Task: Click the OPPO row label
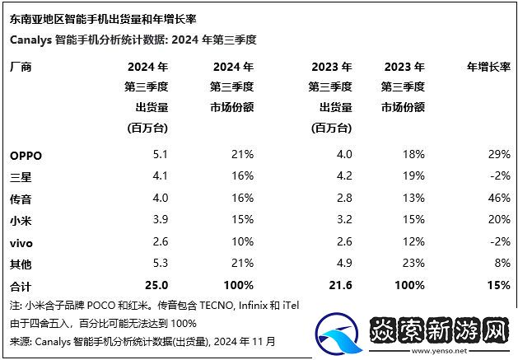click(x=26, y=154)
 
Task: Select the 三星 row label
click(x=20, y=175)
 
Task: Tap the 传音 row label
click(x=20, y=198)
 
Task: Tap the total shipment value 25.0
click(x=156, y=284)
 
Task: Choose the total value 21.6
click(x=340, y=284)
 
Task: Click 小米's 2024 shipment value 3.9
click(x=161, y=219)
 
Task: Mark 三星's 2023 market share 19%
click(x=414, y=175)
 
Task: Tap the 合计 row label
click(x=20, y=284)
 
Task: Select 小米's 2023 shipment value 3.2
click(x=344, y=219)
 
